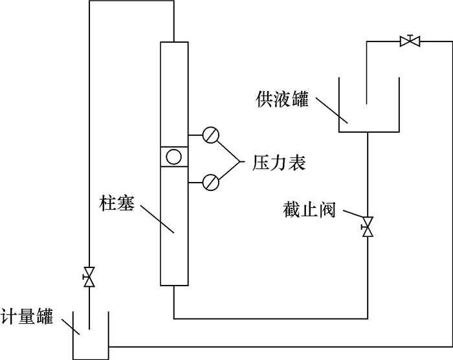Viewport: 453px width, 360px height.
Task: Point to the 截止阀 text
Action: [309, 210]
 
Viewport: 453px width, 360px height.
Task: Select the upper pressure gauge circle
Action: [211, 135]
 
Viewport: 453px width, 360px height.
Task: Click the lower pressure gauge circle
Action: [211, 181]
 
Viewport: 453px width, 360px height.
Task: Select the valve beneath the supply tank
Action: [368, 227]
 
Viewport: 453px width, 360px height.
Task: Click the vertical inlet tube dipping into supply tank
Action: [367, 71]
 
